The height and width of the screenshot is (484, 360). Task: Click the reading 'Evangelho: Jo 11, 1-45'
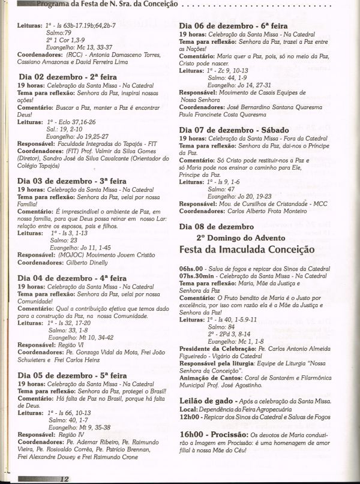coord(85,247)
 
